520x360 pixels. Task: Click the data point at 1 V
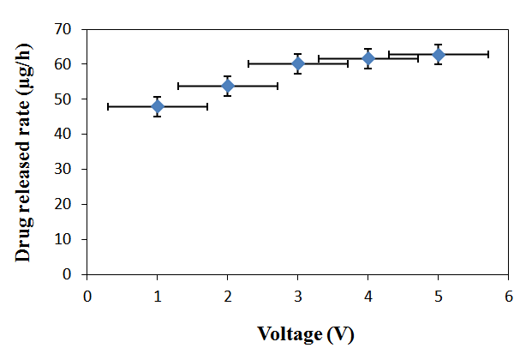(158, 106)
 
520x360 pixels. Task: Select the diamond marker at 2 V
(228, 86)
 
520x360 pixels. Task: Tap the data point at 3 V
(298, 63)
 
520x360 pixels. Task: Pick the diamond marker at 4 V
(368, 58)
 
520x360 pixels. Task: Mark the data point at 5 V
(439, 55)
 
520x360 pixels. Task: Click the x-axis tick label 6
(509, 296)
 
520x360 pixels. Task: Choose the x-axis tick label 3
(298, 296)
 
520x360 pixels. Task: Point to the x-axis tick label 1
(158, 296)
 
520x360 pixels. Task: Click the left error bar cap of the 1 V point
(108, 106)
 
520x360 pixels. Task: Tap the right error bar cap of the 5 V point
(488, 54)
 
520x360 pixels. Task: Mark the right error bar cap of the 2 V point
(278, 86)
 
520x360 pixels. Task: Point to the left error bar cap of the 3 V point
(248, 63)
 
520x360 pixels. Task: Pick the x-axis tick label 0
(87, 296)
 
